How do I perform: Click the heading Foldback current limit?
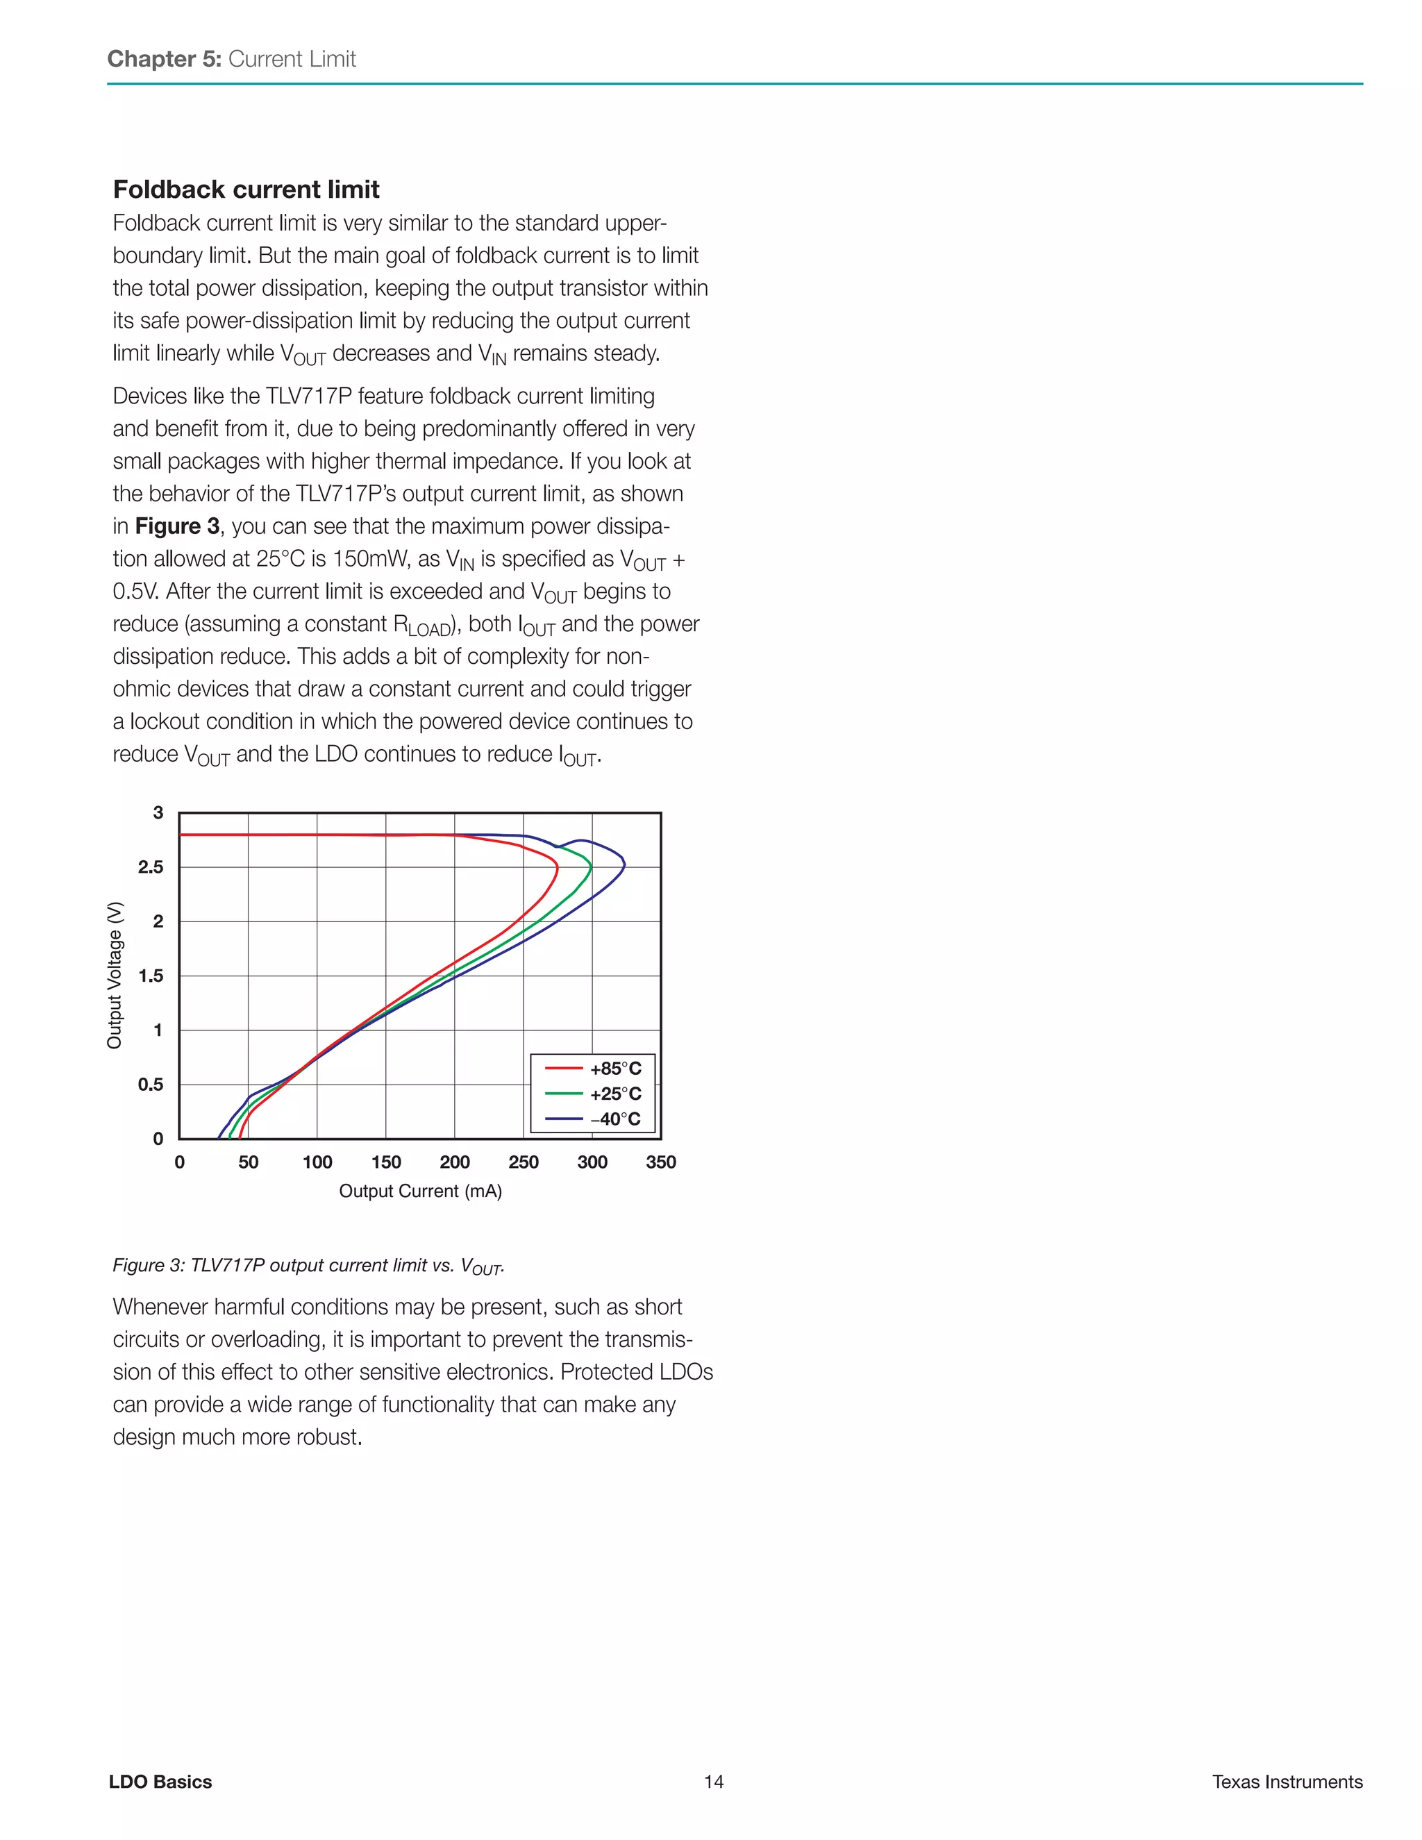[x=246, y=189]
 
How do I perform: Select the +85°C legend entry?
[x=593, y=1069]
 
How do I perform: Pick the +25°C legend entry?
[x=593, y=1094]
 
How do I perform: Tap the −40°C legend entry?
[x=593, y=1119]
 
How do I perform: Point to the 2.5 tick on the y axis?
[x=151, y=867]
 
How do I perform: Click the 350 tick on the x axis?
[x=660, y=1162]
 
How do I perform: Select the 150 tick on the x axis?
[x=386, y=1162]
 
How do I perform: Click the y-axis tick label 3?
[x=158, y=813]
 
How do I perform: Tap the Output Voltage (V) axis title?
[x=115, y=975]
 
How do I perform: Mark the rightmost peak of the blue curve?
[x=624, y=864]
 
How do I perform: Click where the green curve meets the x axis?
[x=230, y=1137]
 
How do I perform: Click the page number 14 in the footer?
[x=714, y=1781]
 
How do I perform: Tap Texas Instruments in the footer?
[x=1287, y=1781]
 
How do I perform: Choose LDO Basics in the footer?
[x=160, y=1781]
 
